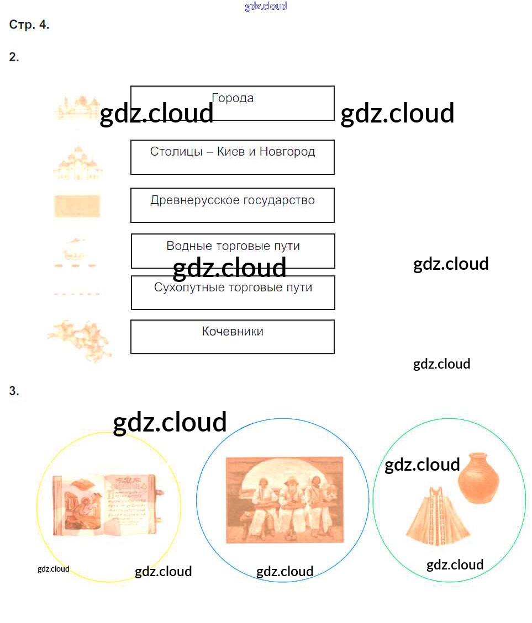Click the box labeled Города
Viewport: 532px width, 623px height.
233,103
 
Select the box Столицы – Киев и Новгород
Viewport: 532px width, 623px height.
233,157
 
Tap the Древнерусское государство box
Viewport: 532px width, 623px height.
233,205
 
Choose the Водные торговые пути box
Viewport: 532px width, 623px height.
233,251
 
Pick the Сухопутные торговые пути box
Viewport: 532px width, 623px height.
233,292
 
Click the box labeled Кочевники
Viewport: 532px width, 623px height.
233,337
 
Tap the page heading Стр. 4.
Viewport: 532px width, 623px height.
29,25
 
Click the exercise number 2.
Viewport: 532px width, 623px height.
14,57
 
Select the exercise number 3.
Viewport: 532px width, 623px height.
14,391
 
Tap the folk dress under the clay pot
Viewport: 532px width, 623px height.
438,515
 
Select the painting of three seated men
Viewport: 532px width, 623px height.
285,500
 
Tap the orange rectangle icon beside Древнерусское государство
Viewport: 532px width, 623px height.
77,206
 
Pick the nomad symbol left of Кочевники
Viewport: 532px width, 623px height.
80,339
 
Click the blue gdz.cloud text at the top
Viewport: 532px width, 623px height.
266,6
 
